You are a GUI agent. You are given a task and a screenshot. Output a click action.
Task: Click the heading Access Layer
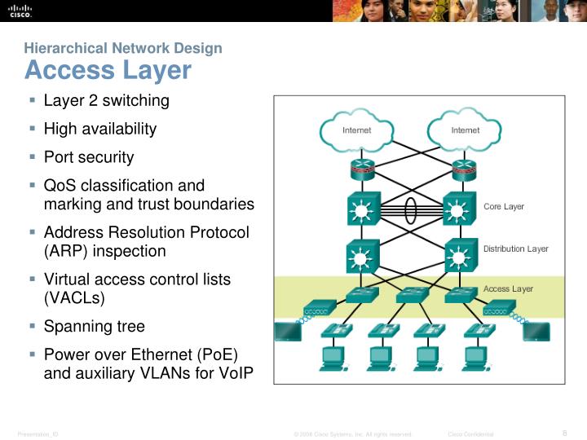pyautogui.click(x=108, y=71)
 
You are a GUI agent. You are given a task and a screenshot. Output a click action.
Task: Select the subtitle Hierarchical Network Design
pyautogui.click(x=123, y=48)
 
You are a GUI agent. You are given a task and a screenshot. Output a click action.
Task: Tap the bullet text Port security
pyautogui.click(x=88, y=156)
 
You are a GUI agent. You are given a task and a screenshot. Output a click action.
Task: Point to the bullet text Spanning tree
pyautogui.click(x=94, y=326)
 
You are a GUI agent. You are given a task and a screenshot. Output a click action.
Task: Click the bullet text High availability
pyautogui.click(x=99, y=129)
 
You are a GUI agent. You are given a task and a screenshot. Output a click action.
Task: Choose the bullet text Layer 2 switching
pyautogui.click(x=106, y=101)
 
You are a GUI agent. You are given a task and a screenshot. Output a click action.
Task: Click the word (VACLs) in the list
pyautogui.click(x=74, y=298)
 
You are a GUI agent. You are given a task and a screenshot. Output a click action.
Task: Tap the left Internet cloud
pyautogui.click(x=356, y=130)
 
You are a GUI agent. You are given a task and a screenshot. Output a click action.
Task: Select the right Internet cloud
pyautogui.click(x=465, y=130)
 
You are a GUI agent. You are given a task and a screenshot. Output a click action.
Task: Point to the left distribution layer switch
pyautogui.click(x=360, y=258)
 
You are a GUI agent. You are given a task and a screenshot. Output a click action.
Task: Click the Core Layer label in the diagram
pyautogui.click(x=504, y=207)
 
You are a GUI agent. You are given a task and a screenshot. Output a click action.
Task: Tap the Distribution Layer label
pyautogui.click(x=515, y=249)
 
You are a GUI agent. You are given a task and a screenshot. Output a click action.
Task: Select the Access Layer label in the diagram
pyautogui.click(x=508, y=289)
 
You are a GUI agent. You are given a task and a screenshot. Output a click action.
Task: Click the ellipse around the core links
pyautogui.click(x=411, y=208)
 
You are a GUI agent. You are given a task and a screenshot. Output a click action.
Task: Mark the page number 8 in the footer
pyautogui.click(x=565, y=433)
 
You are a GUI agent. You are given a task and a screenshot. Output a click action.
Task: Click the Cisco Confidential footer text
pyautogui.click(x=471, y=434)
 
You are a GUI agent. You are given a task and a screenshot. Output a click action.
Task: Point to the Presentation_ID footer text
pyautogui.click(x=38, y=434)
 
